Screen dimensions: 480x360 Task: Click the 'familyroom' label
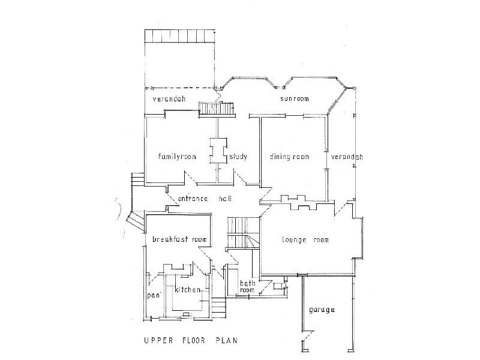click(177, 157)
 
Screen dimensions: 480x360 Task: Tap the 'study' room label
click(238, 157)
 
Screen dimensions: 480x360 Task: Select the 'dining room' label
click(290, 157)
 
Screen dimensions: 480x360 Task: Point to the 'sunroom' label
click(295, 98)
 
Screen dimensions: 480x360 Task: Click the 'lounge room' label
click(305, 239)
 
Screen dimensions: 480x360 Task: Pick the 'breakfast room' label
click(179, 239)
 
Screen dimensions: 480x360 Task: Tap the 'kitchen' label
click(188, 289)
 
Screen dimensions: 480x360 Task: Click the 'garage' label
click(322, 310)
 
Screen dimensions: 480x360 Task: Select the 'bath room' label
click(247, 286)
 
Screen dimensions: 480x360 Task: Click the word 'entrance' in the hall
click(193, 199)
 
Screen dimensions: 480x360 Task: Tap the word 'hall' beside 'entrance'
click(225, 199)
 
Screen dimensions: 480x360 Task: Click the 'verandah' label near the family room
click(169, 98)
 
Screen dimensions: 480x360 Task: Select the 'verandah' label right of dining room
click(347, 157)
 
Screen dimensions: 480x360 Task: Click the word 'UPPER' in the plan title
click(158, 340)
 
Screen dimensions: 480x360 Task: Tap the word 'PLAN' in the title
click(227, 340)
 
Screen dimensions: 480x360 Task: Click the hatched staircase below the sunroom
click(217, 109)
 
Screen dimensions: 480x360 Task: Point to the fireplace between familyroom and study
click(218, 151)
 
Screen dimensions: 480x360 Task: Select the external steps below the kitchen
click(218, 308)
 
